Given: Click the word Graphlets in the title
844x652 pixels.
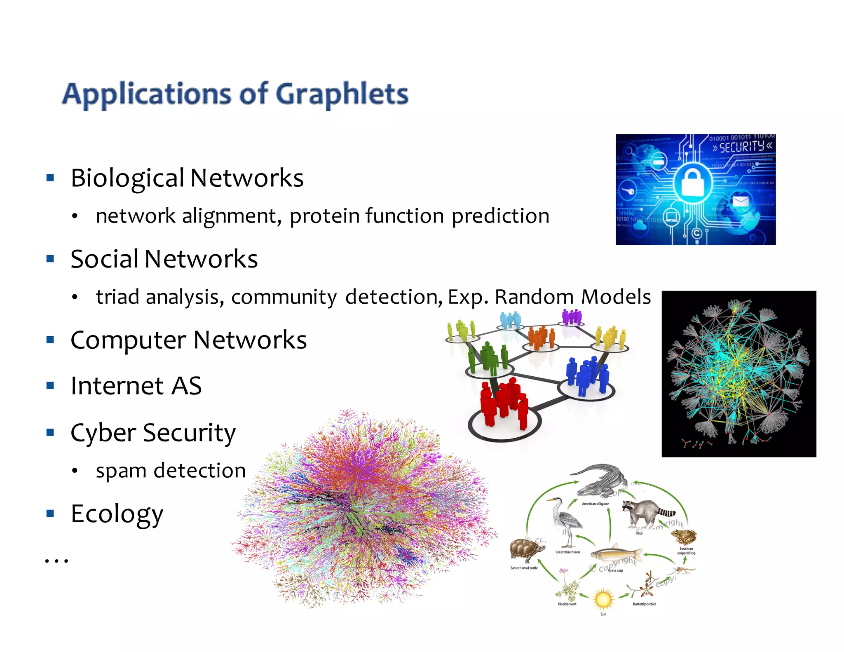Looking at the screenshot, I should point(342,95).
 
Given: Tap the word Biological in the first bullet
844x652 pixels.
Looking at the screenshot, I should point(127,178).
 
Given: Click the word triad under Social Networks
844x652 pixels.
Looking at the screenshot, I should point(117,297).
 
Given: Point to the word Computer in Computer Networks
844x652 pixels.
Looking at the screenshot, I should point(129,340).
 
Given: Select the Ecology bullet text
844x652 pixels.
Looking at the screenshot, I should point(117,514).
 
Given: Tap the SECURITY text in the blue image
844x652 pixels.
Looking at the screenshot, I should point(742,147).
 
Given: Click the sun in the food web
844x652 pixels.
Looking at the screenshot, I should point(603,599).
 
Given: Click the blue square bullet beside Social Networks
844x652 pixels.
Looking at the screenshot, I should point(50,259).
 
